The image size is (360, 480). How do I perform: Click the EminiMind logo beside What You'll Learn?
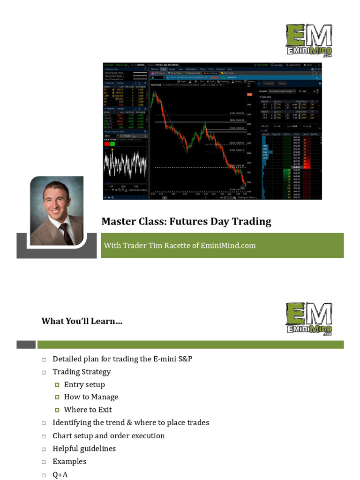(x=309, y=319)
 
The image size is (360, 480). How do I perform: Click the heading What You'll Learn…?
(x=82, y=321)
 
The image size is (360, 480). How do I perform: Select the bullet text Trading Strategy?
(x=82, y=372)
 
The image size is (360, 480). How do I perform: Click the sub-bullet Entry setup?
(x=84, y=384)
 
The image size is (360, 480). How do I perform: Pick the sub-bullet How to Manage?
(x=91, y=397)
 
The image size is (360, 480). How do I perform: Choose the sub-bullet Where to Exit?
(x=88, y=410)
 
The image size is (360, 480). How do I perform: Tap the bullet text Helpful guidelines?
(x=84, y=449)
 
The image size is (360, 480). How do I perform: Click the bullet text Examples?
(x=69, y=461)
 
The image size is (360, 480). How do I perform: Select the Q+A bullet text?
(x=60, y=474)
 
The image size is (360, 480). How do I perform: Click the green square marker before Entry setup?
(x=57, y=385)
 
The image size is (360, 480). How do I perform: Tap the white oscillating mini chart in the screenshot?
(x=124, y=165)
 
